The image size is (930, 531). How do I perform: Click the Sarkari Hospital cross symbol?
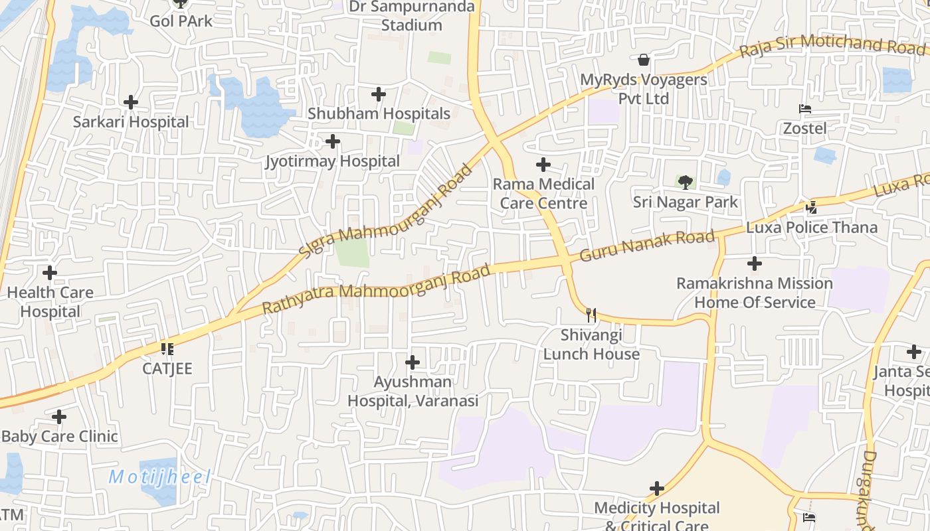tap(131, 102)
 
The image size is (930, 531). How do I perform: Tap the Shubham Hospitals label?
tap(379, 114)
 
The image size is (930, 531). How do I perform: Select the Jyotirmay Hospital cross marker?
tap(333, 141)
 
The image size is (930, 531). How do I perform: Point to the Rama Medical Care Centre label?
tap(543, 193)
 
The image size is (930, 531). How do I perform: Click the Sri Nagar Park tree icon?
tap(686, 182)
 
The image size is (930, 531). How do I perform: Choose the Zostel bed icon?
tap(805, 109)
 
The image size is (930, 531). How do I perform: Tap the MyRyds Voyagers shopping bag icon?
tap(643, 60)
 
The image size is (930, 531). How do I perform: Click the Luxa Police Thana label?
tap(812, 228)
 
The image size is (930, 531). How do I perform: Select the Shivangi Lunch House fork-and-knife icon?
tap(591, 315)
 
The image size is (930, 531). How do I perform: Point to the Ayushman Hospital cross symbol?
tap(413, 362)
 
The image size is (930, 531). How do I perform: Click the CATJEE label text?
tap(167, 368)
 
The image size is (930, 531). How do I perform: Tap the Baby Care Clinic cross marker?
tap(59, 417)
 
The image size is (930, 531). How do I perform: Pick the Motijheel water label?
tap(159, 477)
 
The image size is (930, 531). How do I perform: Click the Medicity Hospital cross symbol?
tap(657, 489)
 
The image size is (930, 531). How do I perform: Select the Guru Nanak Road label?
tap(648, 246)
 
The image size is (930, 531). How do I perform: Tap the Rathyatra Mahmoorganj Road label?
tap(377, 289)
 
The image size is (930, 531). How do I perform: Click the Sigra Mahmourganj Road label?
tap(386, 212)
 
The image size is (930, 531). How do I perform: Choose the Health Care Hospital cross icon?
tap(50, 273)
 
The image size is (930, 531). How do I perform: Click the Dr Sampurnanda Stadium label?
tap(412, 16)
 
